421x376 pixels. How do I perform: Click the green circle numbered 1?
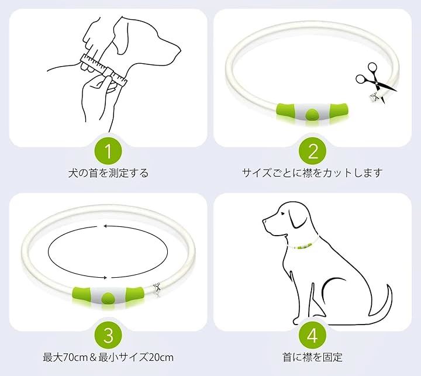[108, 151]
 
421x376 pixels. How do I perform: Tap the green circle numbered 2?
[312, 151]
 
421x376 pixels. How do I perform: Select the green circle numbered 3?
[108, 335]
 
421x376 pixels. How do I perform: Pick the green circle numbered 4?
[312, 335]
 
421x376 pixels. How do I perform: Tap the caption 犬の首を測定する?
[108, 173]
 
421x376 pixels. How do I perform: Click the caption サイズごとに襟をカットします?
[312, 173]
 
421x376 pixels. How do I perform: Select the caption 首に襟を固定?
[312, 357]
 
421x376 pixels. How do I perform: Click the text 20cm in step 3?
[161, 357]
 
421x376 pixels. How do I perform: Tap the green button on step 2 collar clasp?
[312, 114]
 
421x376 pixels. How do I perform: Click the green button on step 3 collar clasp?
[108, 298]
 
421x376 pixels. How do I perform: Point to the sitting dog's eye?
[282, 213]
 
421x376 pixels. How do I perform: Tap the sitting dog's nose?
[264, 221]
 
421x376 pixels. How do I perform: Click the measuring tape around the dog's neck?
[103, 69]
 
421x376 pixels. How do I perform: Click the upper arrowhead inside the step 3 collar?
[105, 226]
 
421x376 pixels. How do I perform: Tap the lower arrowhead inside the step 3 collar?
[106, 278]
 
